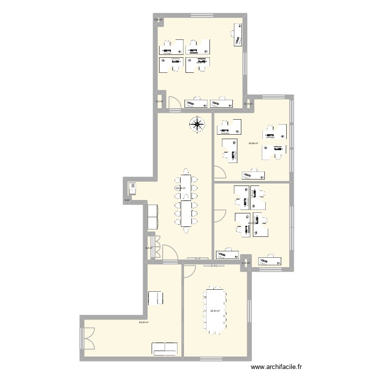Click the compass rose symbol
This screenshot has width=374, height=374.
(x=197, y=125)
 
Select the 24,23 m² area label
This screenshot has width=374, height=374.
(x=144, y=322)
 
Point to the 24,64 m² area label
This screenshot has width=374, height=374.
(x=253, y=143)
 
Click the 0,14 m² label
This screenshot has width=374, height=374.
(x=248, y=104)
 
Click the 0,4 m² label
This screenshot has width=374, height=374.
(x=148, y=248)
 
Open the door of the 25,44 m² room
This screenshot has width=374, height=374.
(x=190, y=271)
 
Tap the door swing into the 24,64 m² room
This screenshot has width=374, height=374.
(x=219, y=172)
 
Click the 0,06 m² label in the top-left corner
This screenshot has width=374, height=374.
(x=158, y=20)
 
